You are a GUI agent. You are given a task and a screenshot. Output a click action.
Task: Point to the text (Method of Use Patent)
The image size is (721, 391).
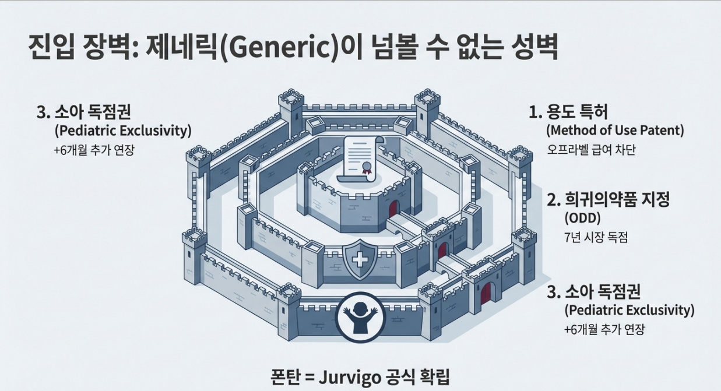[x=614, y=130]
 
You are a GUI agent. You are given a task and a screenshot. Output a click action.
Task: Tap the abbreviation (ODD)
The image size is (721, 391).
[x=582, y=219]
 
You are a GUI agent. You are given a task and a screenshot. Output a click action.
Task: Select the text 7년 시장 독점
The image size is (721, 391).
[x=596, y=237]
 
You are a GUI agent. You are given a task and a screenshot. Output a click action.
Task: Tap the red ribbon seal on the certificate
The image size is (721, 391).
[x=367, y=168]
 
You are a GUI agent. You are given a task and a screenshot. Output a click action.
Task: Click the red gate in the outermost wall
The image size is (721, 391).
[x=485, y=294]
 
